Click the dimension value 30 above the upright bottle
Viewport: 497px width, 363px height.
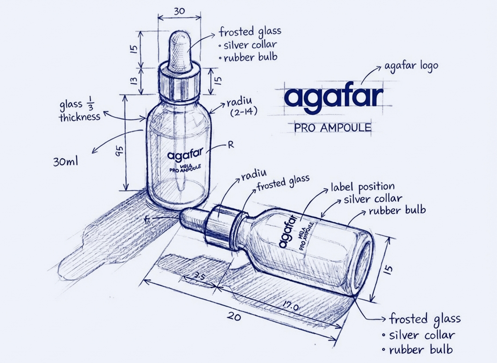(179, 11)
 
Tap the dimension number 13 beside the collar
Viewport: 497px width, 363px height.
(134, 81)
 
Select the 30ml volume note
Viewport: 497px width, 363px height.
(66, 162)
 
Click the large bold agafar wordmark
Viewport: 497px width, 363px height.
(334, 97)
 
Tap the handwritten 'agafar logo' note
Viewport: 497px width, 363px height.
(411, 66)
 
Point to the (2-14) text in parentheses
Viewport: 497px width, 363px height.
(244, 112)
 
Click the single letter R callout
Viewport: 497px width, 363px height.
(231, 145)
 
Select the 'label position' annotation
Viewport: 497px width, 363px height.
(363, 187)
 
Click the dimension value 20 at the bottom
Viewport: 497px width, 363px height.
(234, 317)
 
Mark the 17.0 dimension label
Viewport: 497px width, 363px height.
(291, 306)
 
